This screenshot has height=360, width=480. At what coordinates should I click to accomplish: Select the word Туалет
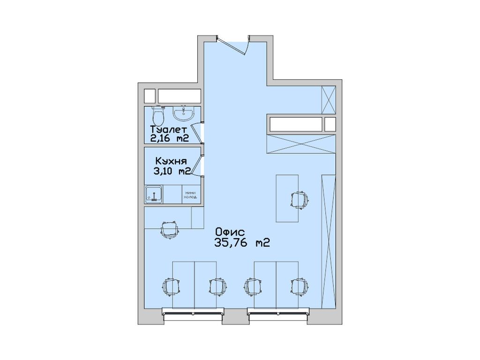[169, 129]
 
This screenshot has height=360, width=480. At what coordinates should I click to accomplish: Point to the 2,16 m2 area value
[169, 138]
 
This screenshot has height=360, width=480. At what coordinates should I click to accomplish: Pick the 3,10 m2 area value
[172, 171]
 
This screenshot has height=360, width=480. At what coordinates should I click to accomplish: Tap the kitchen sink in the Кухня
[154, 194]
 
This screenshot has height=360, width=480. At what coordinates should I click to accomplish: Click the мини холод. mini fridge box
[191, 195]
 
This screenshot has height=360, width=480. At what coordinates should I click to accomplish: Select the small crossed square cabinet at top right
[329, 100]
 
